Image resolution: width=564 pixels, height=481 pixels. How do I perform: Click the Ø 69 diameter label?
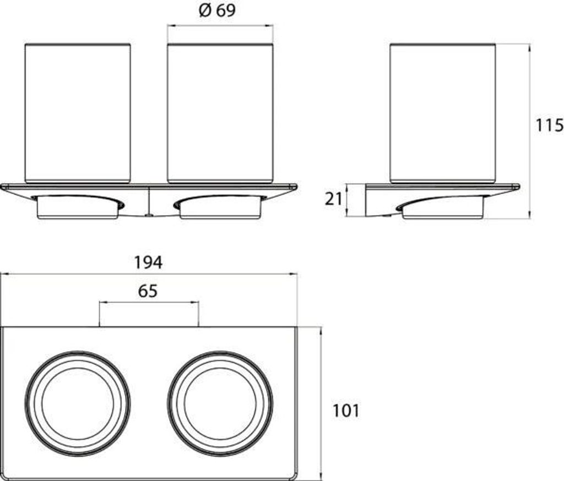(x=217, y=10)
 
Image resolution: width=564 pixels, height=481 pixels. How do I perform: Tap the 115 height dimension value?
(x=550, y=125)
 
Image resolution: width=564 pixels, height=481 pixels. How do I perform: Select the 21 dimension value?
(x=333, y=199)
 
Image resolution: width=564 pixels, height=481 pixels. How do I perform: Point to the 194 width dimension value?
(x=148, y=263)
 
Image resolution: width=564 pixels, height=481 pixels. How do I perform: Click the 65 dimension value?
(x=148, y=291)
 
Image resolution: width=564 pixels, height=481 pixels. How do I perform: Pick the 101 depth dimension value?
(x=345, y=411)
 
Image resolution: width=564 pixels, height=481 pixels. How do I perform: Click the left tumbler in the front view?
(x=78, y=113)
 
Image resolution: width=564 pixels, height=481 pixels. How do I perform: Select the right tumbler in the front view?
(x=220, y=113)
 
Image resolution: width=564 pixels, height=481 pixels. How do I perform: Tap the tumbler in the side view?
(x=443, y=113)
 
